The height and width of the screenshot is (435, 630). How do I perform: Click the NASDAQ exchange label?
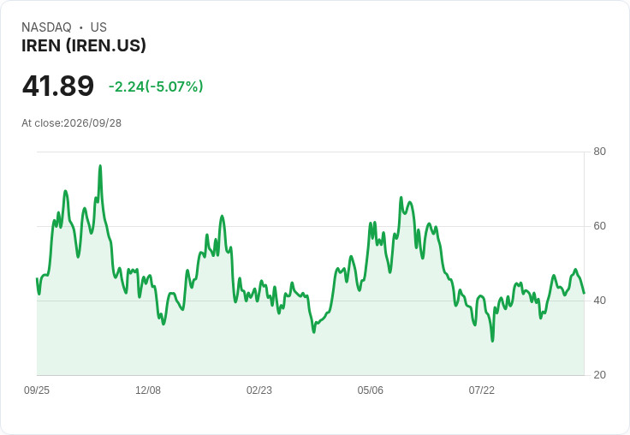click(46, 27)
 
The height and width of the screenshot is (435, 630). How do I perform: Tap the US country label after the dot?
click(98, 27)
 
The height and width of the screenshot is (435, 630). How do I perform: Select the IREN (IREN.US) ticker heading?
click(84, 46)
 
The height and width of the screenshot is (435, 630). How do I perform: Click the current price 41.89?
click(58, 86)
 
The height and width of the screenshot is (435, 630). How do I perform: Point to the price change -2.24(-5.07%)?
click(156, 86)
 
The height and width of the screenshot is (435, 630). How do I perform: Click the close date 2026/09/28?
click(92, 123)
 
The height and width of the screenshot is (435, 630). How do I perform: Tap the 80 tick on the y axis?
click(599, 152)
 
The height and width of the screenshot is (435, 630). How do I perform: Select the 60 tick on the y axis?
click(599, 226)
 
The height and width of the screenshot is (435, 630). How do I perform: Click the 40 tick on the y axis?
click(599, 301)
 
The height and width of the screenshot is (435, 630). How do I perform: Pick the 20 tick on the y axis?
click(599, 375)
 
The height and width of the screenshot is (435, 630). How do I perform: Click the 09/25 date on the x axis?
click(37, 390)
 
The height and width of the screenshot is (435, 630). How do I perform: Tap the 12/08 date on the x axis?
click(148, 390)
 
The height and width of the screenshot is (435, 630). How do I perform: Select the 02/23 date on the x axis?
click(259, 390)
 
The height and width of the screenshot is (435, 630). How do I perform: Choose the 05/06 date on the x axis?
click(370, 390)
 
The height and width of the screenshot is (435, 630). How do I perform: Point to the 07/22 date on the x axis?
click(481, 390)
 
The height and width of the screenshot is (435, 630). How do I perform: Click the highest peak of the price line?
click(100, 165)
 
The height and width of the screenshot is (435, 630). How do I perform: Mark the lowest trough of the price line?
click(492, 341)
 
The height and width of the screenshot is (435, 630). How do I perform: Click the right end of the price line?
click(584, 293)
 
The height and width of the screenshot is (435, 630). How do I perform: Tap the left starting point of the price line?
click(37, 278)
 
